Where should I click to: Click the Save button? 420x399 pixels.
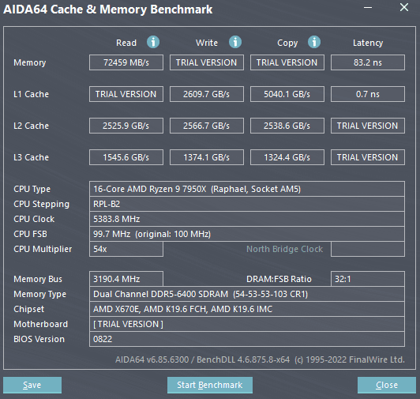point(32,385)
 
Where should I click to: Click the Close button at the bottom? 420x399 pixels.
point(387,385)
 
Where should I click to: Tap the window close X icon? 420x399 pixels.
point(404,7)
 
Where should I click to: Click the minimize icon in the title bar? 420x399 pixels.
point(368,8)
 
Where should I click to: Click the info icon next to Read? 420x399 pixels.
point(153,42)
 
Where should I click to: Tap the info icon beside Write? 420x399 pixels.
point(235,42)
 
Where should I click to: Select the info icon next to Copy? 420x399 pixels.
point(314,42)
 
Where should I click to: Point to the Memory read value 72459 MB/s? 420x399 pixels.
point(126,62)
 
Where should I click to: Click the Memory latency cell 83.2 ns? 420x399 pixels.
point(368,62)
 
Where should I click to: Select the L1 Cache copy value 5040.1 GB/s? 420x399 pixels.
point(287,94)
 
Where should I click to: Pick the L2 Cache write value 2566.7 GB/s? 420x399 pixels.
point(207,126)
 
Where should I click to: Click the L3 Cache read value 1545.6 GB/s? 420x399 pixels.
point(126,157)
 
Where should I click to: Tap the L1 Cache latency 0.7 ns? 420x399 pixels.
point(368,94)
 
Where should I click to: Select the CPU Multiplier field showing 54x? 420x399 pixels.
point(126,249)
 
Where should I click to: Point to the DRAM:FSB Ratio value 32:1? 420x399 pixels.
point(368,279)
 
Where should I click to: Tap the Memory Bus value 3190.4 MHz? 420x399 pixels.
point(126,279)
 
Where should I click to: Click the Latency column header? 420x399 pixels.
point(368,43)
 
